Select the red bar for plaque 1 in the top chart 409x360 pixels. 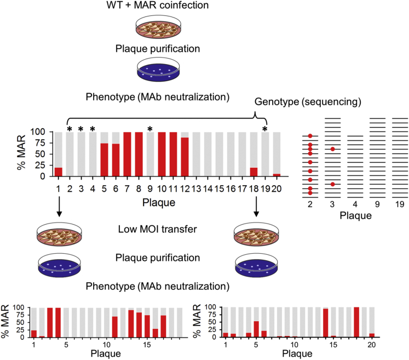pyautogui.click(x=58, y=172)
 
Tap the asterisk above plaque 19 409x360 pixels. pyautogui.click(x=265, y=129)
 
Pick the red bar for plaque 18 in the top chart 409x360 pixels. pyautogui.click(x=254, y=172)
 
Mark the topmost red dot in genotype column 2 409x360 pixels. pyautogui.click(x=310, y=136)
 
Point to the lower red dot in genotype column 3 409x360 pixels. pyautogui.click(x=332, y=184)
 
